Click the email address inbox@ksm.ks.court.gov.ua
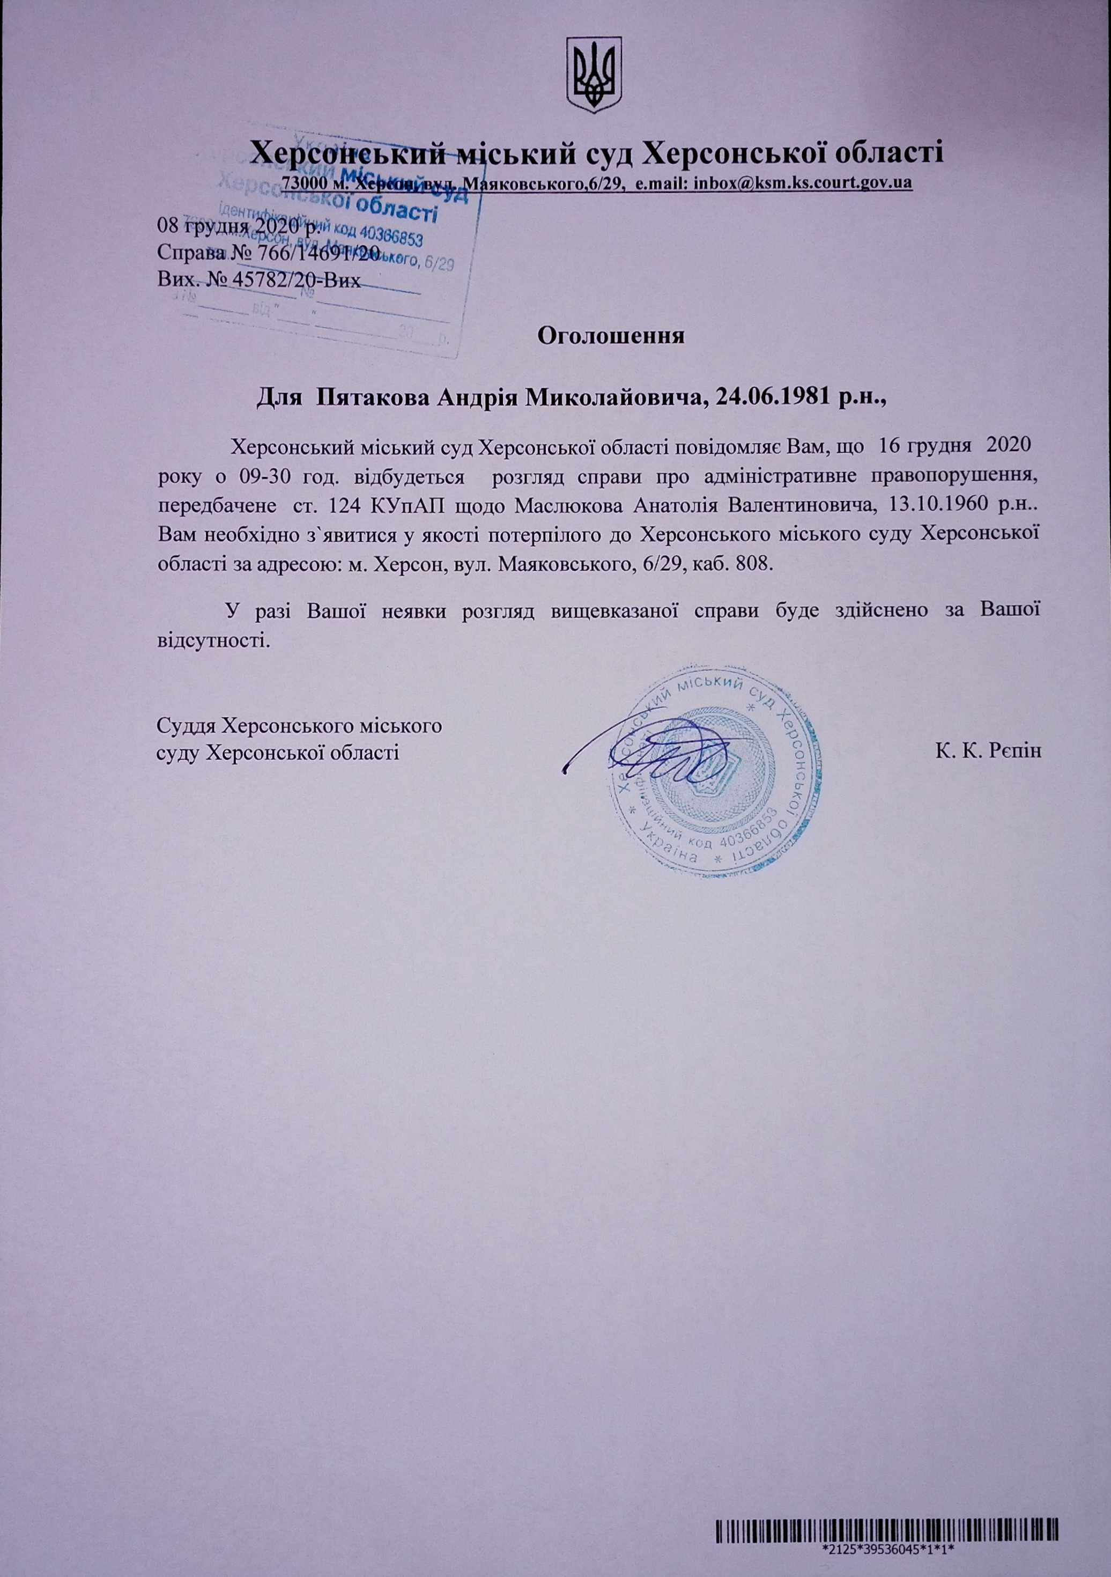[803, 183]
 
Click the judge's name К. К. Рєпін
[987, 750]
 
